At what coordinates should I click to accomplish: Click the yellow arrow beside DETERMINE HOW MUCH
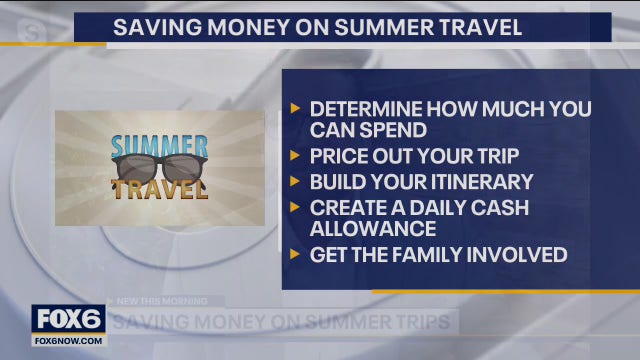click(294, 108)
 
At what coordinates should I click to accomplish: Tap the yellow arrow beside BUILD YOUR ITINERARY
click(294, 182)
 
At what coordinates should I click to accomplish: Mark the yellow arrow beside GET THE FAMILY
click(294, 255)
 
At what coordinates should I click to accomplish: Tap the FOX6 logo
click(69, 318)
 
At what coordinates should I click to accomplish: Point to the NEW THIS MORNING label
click(163, 300)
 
